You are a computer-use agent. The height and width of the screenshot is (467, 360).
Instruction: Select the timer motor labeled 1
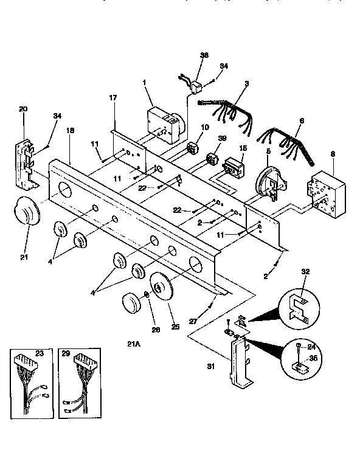click(x=164, y=122)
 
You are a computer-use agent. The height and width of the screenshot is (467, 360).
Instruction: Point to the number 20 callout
click(x=24, y=109)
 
